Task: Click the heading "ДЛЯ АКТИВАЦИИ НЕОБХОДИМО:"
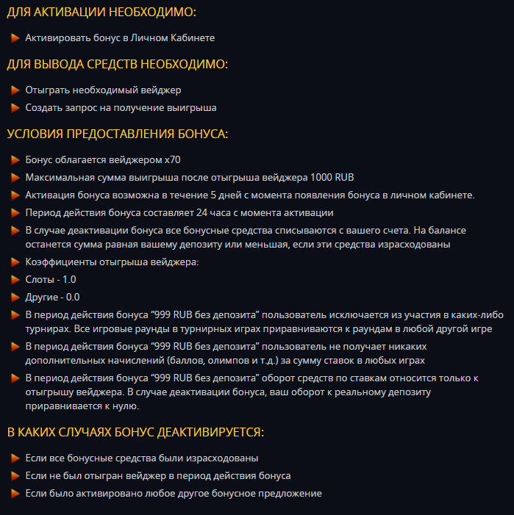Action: pyautogui.click(x=101, y=12)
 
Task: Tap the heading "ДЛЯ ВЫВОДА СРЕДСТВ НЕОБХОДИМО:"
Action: pyautogui.click(x=118, y=65)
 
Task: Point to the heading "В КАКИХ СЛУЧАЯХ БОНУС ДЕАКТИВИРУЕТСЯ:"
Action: pyautogui.click(x=135, y=432)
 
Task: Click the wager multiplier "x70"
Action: pyautogui.click(x=172, y=159)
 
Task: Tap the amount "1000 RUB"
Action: pyautogui.click(x=332, y=177)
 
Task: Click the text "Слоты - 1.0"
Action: pyautogui.click(x=50, y=279)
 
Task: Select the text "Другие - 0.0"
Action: pyautogui.click(x=51, y=297)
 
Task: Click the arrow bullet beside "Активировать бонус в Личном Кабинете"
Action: pyautogui.click(x=15, y=37)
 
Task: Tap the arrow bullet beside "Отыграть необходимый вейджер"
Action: pyautogui.click(x=15, y=90)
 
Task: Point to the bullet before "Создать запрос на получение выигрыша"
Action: pyautogui.click(x=15, y=107)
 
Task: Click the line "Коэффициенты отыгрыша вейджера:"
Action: pyautogui.click(x=113, y=262)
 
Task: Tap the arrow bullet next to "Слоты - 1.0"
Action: pyautogui.click(x=15, y=279)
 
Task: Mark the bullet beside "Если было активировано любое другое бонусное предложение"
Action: pyautogui.click(x=15, y=493)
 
